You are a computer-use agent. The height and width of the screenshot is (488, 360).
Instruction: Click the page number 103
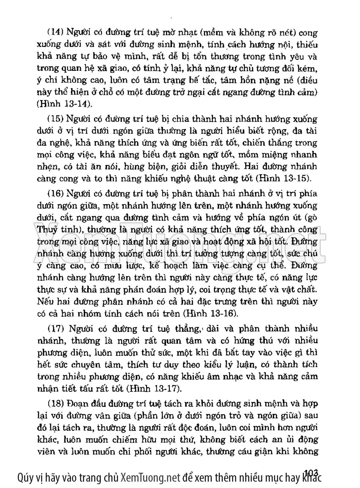(x=311, y=471)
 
